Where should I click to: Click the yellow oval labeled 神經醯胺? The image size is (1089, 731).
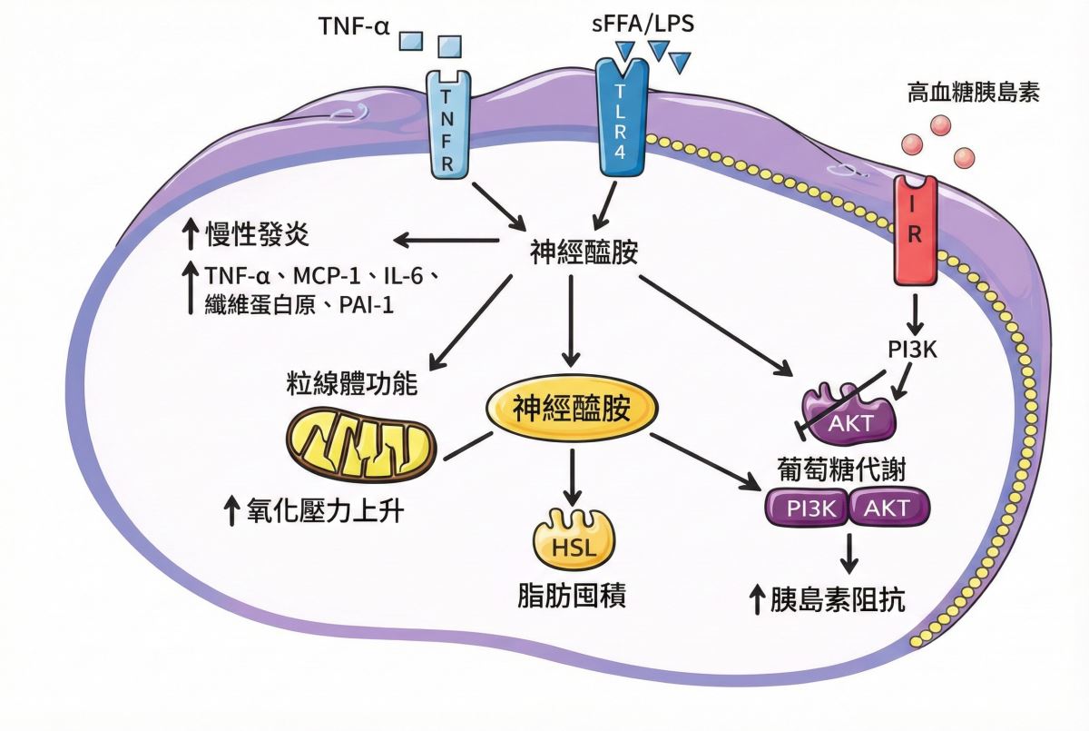pos(572,410)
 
